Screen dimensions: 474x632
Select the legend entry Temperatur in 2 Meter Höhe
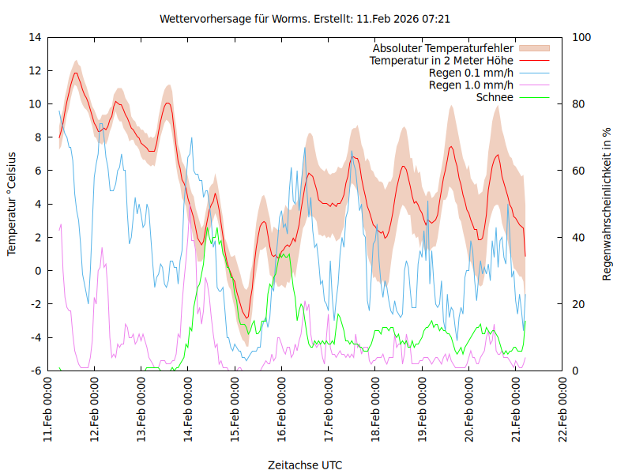(x=442, y=60)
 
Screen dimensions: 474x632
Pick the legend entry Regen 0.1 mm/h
(x=471, y=73)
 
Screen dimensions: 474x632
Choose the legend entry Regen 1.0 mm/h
(x=471, y=85)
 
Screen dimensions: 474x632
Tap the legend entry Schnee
(x=495, y=97)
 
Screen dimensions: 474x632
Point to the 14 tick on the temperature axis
(x=35, y=37)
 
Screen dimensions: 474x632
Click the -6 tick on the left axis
(x=36, y=371)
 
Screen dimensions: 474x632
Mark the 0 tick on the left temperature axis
(x=38, y=271)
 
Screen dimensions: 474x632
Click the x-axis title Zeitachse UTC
(x=305, y=465)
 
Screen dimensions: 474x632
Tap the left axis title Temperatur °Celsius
(x=12, y=203)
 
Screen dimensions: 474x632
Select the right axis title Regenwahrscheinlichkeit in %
(x=607, y=203)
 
